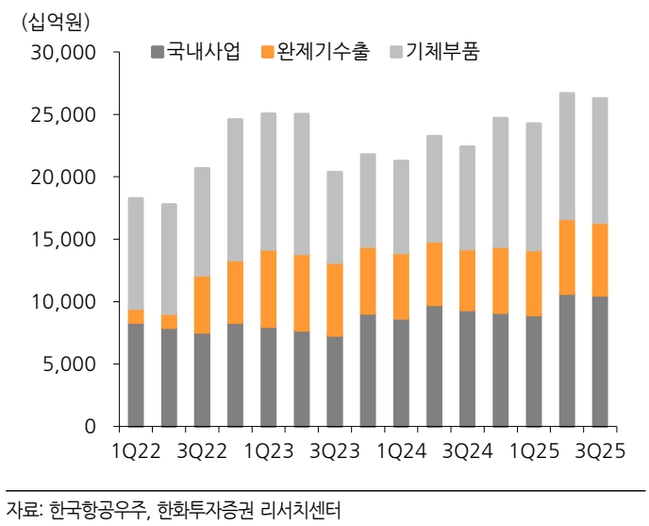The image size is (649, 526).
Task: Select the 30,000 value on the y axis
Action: click(64, 54)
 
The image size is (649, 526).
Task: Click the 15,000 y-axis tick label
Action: click(64, 240)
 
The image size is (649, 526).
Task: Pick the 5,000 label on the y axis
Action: click(70, 365)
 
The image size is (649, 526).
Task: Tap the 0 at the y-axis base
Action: click(91, 427)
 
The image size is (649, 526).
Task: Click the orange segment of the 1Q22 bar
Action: click(136, 316)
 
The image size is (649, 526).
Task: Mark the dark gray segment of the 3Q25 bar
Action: click(599, 361)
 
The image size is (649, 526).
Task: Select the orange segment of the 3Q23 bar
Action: click(335, 299)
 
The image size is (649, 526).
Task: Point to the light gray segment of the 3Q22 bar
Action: click(202, 222)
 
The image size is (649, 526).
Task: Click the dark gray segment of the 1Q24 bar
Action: click(401, 373)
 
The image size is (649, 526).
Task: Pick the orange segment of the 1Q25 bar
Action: click(533, 283)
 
